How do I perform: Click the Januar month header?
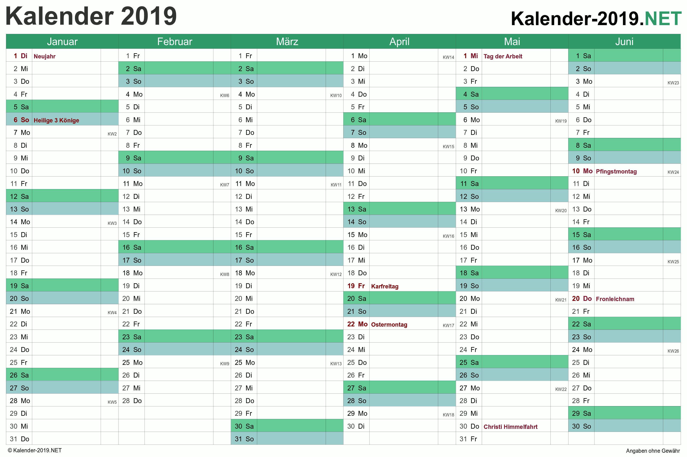(62, 42)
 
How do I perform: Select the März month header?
(287, 42)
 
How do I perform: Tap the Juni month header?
(624, 42)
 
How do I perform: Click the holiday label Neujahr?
(45, 56)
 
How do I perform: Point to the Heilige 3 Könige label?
(56, 120)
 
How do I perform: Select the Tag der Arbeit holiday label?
(503, 56)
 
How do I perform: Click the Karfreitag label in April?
(385, 286)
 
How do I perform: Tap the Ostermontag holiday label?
(389, 325)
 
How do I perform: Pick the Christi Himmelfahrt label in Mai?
(511, 427)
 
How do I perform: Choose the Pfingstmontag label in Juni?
(616, 171)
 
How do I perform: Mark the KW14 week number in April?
(448, 57)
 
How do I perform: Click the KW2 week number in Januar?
(112, 134)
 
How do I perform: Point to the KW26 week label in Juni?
(673, 351)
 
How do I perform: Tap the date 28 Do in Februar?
(132, 401)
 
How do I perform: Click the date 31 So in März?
(244, 439)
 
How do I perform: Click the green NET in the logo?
(663, 19)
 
